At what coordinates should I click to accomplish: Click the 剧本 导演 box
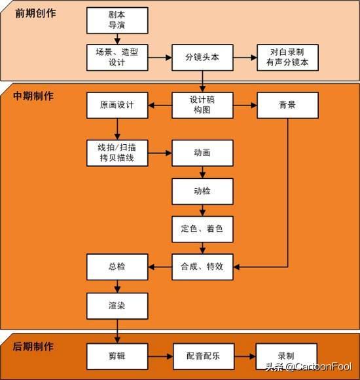pos(117,20)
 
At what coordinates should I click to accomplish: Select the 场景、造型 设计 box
pos(117,58)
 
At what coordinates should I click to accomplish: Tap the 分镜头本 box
pos(202,58)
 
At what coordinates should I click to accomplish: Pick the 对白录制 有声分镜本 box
pos(287,58)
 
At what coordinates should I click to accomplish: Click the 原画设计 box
pos(117,105)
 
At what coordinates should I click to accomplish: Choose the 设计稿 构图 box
pos(202,105)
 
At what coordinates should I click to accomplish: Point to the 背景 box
pos(287,105)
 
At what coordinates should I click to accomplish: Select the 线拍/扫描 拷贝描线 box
pos(117,153)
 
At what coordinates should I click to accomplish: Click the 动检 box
pos(202,191)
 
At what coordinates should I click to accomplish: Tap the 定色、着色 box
pos(202,229)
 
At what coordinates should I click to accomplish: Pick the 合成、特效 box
pos(202,267)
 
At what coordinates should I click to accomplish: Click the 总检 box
pos(117,267)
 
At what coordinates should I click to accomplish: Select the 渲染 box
pos(117,306)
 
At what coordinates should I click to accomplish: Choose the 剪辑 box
pos(117,356)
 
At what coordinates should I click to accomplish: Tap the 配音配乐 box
pos(204,356)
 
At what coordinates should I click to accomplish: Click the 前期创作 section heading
pos(35,13)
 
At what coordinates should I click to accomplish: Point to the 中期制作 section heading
pos(33,96)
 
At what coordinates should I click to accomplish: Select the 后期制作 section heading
pos(33,347)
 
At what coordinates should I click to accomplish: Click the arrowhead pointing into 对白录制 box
pos(254,58)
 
